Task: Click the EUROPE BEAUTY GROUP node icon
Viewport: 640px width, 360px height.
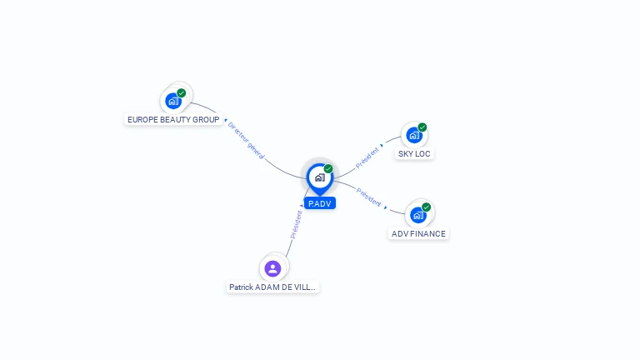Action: (x=173, y=101)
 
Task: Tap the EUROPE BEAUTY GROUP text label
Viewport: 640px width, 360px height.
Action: (x=173, y=120)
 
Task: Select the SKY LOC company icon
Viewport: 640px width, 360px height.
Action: (x=413, y=135)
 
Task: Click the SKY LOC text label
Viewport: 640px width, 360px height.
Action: (x=414, y=154)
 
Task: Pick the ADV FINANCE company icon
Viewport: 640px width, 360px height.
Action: (x=418, y=215)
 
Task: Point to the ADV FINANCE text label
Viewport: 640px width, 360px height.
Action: (x=418, y=234)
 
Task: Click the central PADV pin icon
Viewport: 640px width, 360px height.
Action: (x=319, y=177)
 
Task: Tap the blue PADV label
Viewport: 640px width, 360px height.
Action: (x=320, y=203)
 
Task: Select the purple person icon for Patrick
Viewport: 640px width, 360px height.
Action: (x=272, y=268)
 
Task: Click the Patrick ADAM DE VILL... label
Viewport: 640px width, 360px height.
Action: (x=272, y=287)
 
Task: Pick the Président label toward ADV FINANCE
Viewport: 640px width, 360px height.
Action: (x=369, y=197)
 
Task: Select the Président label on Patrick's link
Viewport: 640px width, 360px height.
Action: (x=296, y=224)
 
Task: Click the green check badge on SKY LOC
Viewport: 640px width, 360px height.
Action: (x=422, y=127)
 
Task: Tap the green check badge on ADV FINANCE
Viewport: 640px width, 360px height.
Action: (x=427, y=207)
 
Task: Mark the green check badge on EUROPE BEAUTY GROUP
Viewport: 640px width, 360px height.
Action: (x=182, y=93)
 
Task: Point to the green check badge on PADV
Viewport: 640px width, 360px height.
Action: (x=328, y=169)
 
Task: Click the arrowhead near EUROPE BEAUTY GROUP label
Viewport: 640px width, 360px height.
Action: (x=225, y=121)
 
